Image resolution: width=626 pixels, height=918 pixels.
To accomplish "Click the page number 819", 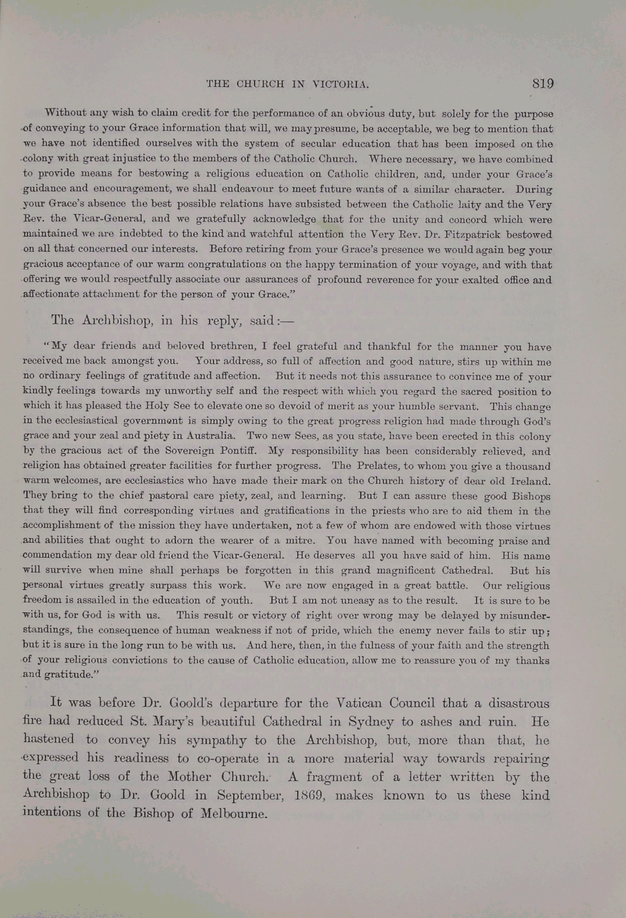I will point(543,84).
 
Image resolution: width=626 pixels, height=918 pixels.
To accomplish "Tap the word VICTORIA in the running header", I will point(341,85).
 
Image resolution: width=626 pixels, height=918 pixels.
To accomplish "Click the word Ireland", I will point(530,481).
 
